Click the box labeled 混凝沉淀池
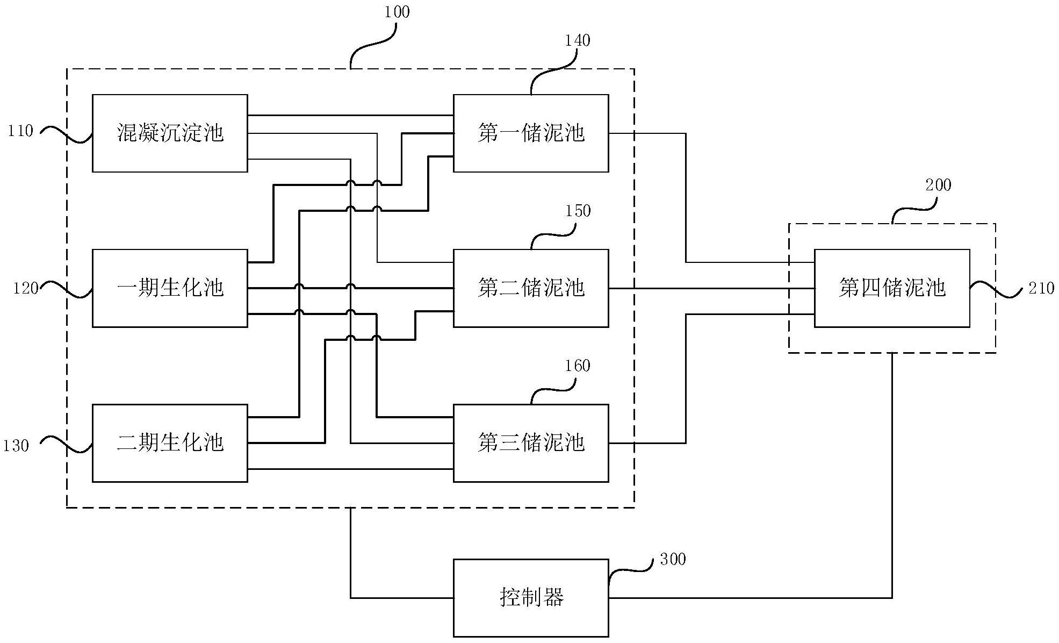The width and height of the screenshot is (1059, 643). point(170,133)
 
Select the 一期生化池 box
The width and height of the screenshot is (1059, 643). point(170,288)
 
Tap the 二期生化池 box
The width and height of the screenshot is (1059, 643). point(170,443)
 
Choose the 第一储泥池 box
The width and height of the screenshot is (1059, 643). point(531,133)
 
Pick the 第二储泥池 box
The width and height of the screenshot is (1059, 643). point(531,288)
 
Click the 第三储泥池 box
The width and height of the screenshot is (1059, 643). point(531,443)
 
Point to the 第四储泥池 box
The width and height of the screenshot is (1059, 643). point(892,288)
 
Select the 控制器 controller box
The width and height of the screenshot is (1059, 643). point(531,598)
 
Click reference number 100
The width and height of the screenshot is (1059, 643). point(397,12)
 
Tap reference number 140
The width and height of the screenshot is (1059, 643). point(577,40)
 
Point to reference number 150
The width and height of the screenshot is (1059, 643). point(578,211)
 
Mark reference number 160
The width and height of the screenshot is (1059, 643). point(578,366)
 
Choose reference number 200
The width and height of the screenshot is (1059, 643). point(938,185)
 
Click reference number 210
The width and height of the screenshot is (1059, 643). point(1041,289)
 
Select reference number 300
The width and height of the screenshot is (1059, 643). point(673,560)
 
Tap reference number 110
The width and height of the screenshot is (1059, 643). point(20,131)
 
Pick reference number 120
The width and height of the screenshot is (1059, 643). point(26,289)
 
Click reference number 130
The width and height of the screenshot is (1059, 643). point(16,446)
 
